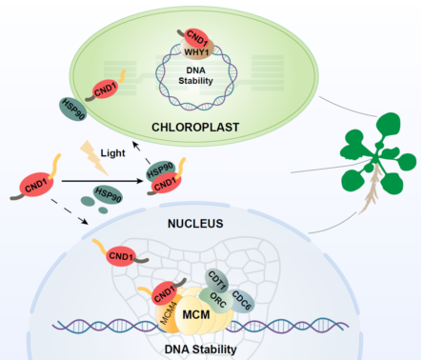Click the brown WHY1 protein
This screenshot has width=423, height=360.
[x=197, y=50]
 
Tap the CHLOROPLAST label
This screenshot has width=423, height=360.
[x=195, y=128]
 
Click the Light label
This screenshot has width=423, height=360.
[x=112, y=153]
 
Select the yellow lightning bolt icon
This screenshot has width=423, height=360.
[x=93, y=158]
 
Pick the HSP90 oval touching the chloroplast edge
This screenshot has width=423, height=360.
[x=72, y=109]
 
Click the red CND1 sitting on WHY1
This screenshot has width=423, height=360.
[x=197, y=38]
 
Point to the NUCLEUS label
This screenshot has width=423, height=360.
[x=195, y=224]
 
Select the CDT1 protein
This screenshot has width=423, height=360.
[x=217, y=281]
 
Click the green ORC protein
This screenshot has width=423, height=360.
[x=217, y=300]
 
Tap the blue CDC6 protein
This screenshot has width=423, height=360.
[x=242, y=301]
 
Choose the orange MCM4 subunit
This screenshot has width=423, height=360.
[x=168, y=313]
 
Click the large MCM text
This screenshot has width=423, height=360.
[x=196, y=314]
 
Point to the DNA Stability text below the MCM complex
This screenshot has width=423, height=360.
[x=201, y=350]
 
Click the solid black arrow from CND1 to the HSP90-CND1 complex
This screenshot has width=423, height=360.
[x=103, y=181]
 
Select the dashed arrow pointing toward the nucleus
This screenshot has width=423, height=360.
[x=70, y=211]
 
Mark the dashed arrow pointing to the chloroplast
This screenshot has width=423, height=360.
[x=141, y=152]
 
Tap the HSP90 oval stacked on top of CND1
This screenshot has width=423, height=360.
[x=161, y=170]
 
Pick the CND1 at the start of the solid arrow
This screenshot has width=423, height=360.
[x=36, y=185]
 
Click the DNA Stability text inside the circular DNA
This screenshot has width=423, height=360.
[x=195, y=75]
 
